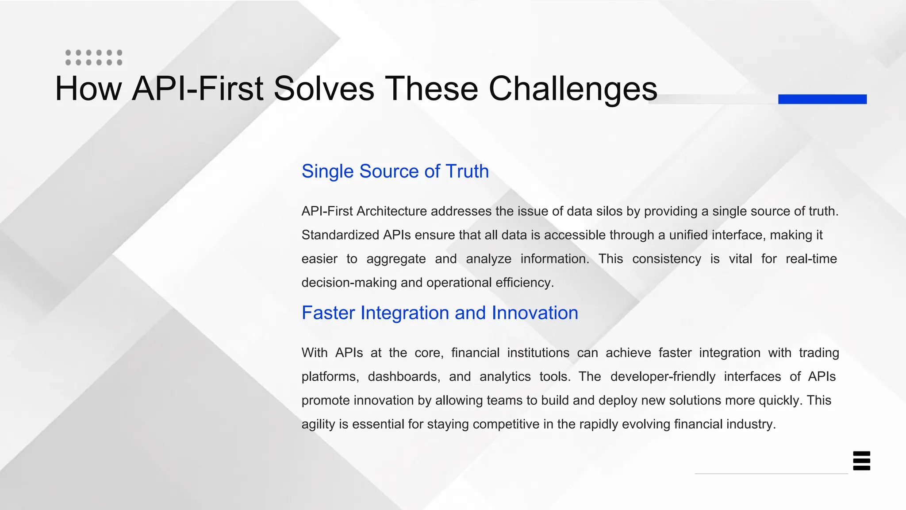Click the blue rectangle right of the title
point(822,99)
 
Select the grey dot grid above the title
point(94,58)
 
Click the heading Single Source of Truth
point(395,171)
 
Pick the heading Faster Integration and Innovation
point(440,313)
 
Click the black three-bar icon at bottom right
point(861,461)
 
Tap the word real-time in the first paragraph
point(811,259)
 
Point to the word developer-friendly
point(662,377)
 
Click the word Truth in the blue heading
point(467,171)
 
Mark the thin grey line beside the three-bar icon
point(771,474)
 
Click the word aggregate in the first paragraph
point(396,259)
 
